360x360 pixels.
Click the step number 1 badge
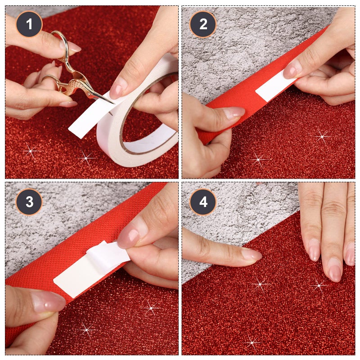click(29, 24)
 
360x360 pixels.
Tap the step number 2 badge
click(203, 24)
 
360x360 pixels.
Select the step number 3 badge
click(29, 202)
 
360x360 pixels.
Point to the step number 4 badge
click(203, 202)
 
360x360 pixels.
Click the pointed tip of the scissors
click(112, 103)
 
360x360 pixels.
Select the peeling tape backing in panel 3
click(106, 256)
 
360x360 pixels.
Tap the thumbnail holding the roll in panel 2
click(234, 112)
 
